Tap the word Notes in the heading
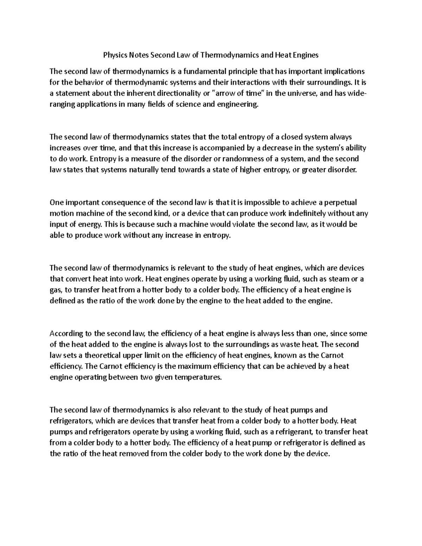click(139, 55)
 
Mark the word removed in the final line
click(135, 454)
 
